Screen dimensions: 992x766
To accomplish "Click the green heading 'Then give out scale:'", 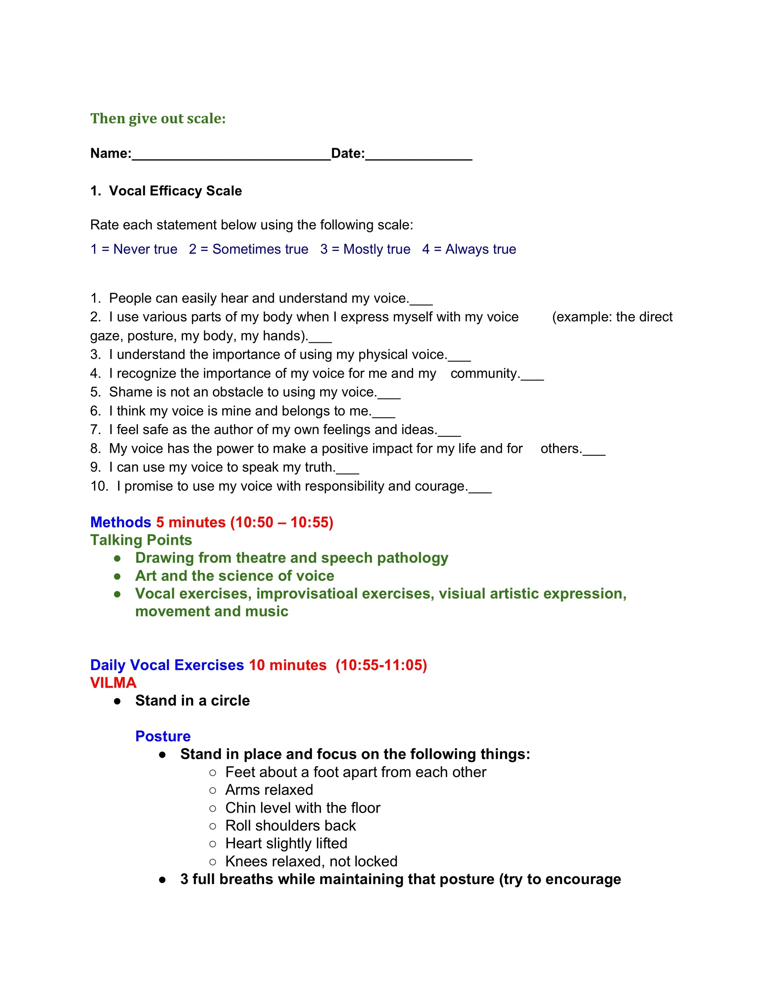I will click(158, 119).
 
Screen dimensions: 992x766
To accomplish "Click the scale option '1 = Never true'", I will click(134, 249).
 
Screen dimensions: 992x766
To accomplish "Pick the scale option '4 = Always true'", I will click(469, 249).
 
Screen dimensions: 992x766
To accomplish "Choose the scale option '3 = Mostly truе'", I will click(365, 249).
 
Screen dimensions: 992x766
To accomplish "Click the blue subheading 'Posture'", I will click(163, 736).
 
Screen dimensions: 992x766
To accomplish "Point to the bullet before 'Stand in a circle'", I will click(118, 701).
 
